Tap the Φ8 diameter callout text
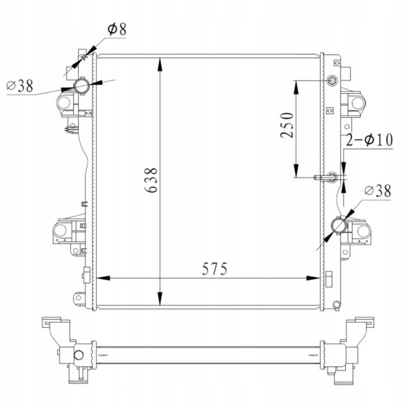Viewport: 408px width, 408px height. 116,29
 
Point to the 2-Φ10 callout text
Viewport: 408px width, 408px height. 369,140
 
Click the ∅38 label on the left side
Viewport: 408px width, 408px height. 19,86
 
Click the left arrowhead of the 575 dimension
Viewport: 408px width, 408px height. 102,278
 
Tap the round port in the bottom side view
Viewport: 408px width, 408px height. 79,356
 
